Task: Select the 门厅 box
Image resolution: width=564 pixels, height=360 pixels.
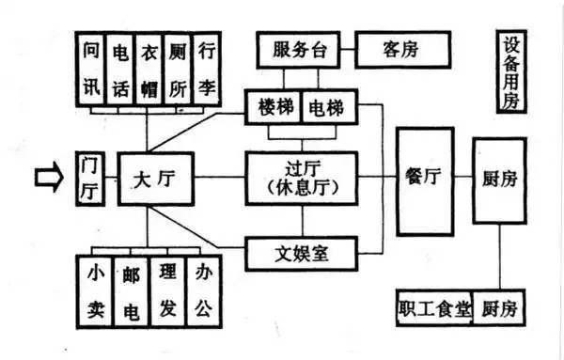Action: (x=91, y=176)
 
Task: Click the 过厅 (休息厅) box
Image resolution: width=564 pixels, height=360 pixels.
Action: (x=301, y=176)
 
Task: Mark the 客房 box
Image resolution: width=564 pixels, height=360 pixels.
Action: (x=401, y=49)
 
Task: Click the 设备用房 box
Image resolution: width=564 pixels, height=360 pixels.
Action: (x=513, y=73)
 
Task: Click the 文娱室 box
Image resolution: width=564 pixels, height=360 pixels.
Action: (x=301, y=252)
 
